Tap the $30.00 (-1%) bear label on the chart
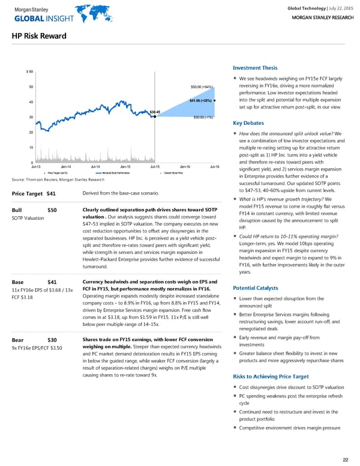click(203, 117)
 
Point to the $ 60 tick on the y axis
click(29, 72)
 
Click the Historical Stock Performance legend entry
click(116, 172)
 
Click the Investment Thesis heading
click(255, 67)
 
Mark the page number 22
click(345, 459)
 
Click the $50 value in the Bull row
click(52, 210)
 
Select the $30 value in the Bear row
click(52, 340)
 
